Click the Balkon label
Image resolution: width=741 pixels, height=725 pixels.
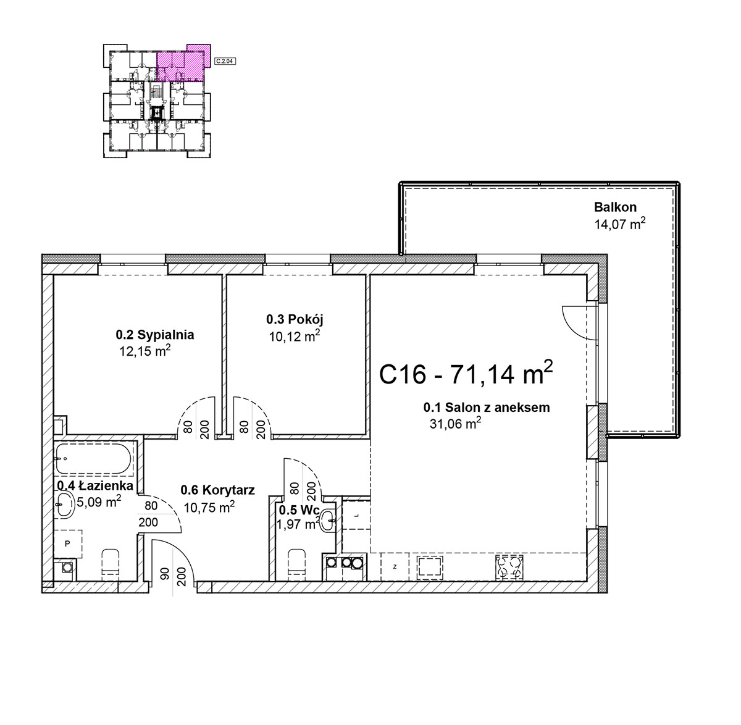pyautogui.click(x=614, y=207)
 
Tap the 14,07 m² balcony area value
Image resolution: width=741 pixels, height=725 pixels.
pyautogui.click(x=619, y=224)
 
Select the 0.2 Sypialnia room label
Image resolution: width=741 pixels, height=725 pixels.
pyautogui.click(x=154, y=335)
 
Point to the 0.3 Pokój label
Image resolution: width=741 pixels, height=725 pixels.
pyautogui.click(x=295, y=319)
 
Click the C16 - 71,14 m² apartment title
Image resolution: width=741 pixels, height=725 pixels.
pyautogui.click(x=466, y=374)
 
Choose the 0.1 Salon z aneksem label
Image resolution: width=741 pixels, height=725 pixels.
pyautogui.click(x=486, y=408)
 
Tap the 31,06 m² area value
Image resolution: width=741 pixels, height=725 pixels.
pyautogui.click(x=454, y=424)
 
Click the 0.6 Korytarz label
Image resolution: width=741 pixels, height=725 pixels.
pyautogui.click(x=217, y=490)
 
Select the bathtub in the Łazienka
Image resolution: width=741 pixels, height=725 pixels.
pyautogui.click(x=93, y=459)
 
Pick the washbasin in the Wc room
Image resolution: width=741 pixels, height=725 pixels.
pyautogui.click(x=327, y=521)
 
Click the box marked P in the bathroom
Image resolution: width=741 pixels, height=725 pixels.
pyautogui.click(x=68, y=543)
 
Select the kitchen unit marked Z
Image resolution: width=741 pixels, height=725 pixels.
pyautogui.click(x=395, y=567)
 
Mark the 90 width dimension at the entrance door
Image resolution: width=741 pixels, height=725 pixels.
pyautogui.click(x=165, y=574)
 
